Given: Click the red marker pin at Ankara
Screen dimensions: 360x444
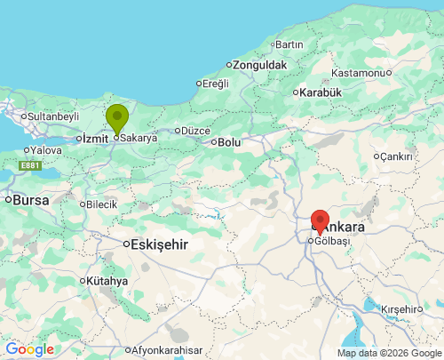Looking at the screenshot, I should click(x=320, y=221).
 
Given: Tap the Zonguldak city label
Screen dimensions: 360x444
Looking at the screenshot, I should click(x=259, y=65).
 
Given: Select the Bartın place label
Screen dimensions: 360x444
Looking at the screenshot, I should click(x=289, y=44).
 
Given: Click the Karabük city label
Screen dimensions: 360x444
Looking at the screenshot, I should click(x=321, y=92).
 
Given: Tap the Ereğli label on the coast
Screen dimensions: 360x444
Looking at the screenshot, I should click(x=216, y=84).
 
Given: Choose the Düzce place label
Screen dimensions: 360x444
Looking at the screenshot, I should click(x=194, y=131).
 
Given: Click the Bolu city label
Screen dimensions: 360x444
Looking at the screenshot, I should click(x=229, y=141).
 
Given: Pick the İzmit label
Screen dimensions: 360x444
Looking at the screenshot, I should click(x=95, y=138).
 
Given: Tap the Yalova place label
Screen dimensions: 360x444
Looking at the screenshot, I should click(x=46, y=151).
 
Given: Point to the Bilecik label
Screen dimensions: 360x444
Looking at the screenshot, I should click(x=101, y=204).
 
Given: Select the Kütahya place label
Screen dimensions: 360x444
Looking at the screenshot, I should click(x=107, y=281).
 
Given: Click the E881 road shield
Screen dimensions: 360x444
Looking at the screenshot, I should click(x=30, y=165).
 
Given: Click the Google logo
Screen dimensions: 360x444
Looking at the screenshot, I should click(x=29, y=349).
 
